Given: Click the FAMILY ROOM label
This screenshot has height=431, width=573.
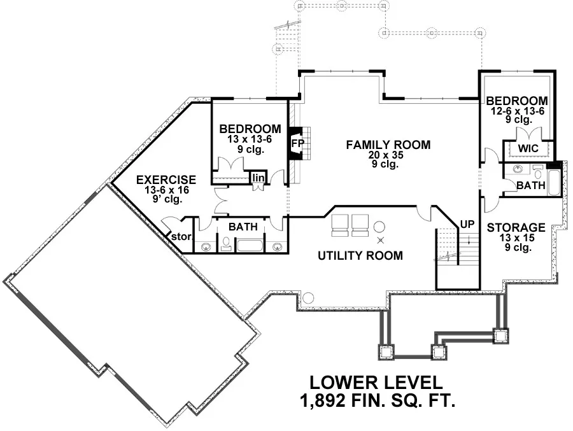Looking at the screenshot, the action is tap(388, 145).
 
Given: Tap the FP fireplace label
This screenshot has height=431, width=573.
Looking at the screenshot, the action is tap(298, 143).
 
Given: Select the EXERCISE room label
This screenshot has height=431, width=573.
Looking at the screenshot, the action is tap(166, 180).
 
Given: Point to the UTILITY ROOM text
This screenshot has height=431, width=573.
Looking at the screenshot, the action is tap(360, 255).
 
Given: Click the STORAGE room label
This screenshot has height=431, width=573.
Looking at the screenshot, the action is tap(516, 228).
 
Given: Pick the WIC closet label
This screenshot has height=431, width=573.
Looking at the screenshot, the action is tap(528, 148).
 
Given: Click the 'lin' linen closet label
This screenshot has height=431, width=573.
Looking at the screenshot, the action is tap(258, 178).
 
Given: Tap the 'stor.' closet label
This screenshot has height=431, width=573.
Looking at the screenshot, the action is tap(181, 237).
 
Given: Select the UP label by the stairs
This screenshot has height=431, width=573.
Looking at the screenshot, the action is tap(467, 224).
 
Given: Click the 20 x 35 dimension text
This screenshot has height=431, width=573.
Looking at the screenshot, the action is tap(386, 155).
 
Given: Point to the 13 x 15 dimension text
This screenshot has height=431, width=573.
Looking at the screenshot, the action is tap(517, 238).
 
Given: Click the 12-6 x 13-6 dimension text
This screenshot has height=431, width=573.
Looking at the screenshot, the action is tap(518, 111).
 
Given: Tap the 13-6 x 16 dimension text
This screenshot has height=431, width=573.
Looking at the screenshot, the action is tap(166, 190).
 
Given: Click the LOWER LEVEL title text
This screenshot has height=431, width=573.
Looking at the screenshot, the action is tap(376, 383).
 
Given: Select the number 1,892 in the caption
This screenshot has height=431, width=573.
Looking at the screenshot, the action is tap(322, 400).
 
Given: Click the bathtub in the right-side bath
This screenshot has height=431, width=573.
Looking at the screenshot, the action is tap(554, 183).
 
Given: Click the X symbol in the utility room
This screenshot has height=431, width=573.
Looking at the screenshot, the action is tap(381, 240).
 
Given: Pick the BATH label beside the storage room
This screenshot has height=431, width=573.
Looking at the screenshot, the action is tap(530, 185).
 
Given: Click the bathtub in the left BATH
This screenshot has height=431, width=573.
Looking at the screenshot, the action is tap(250, 245).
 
